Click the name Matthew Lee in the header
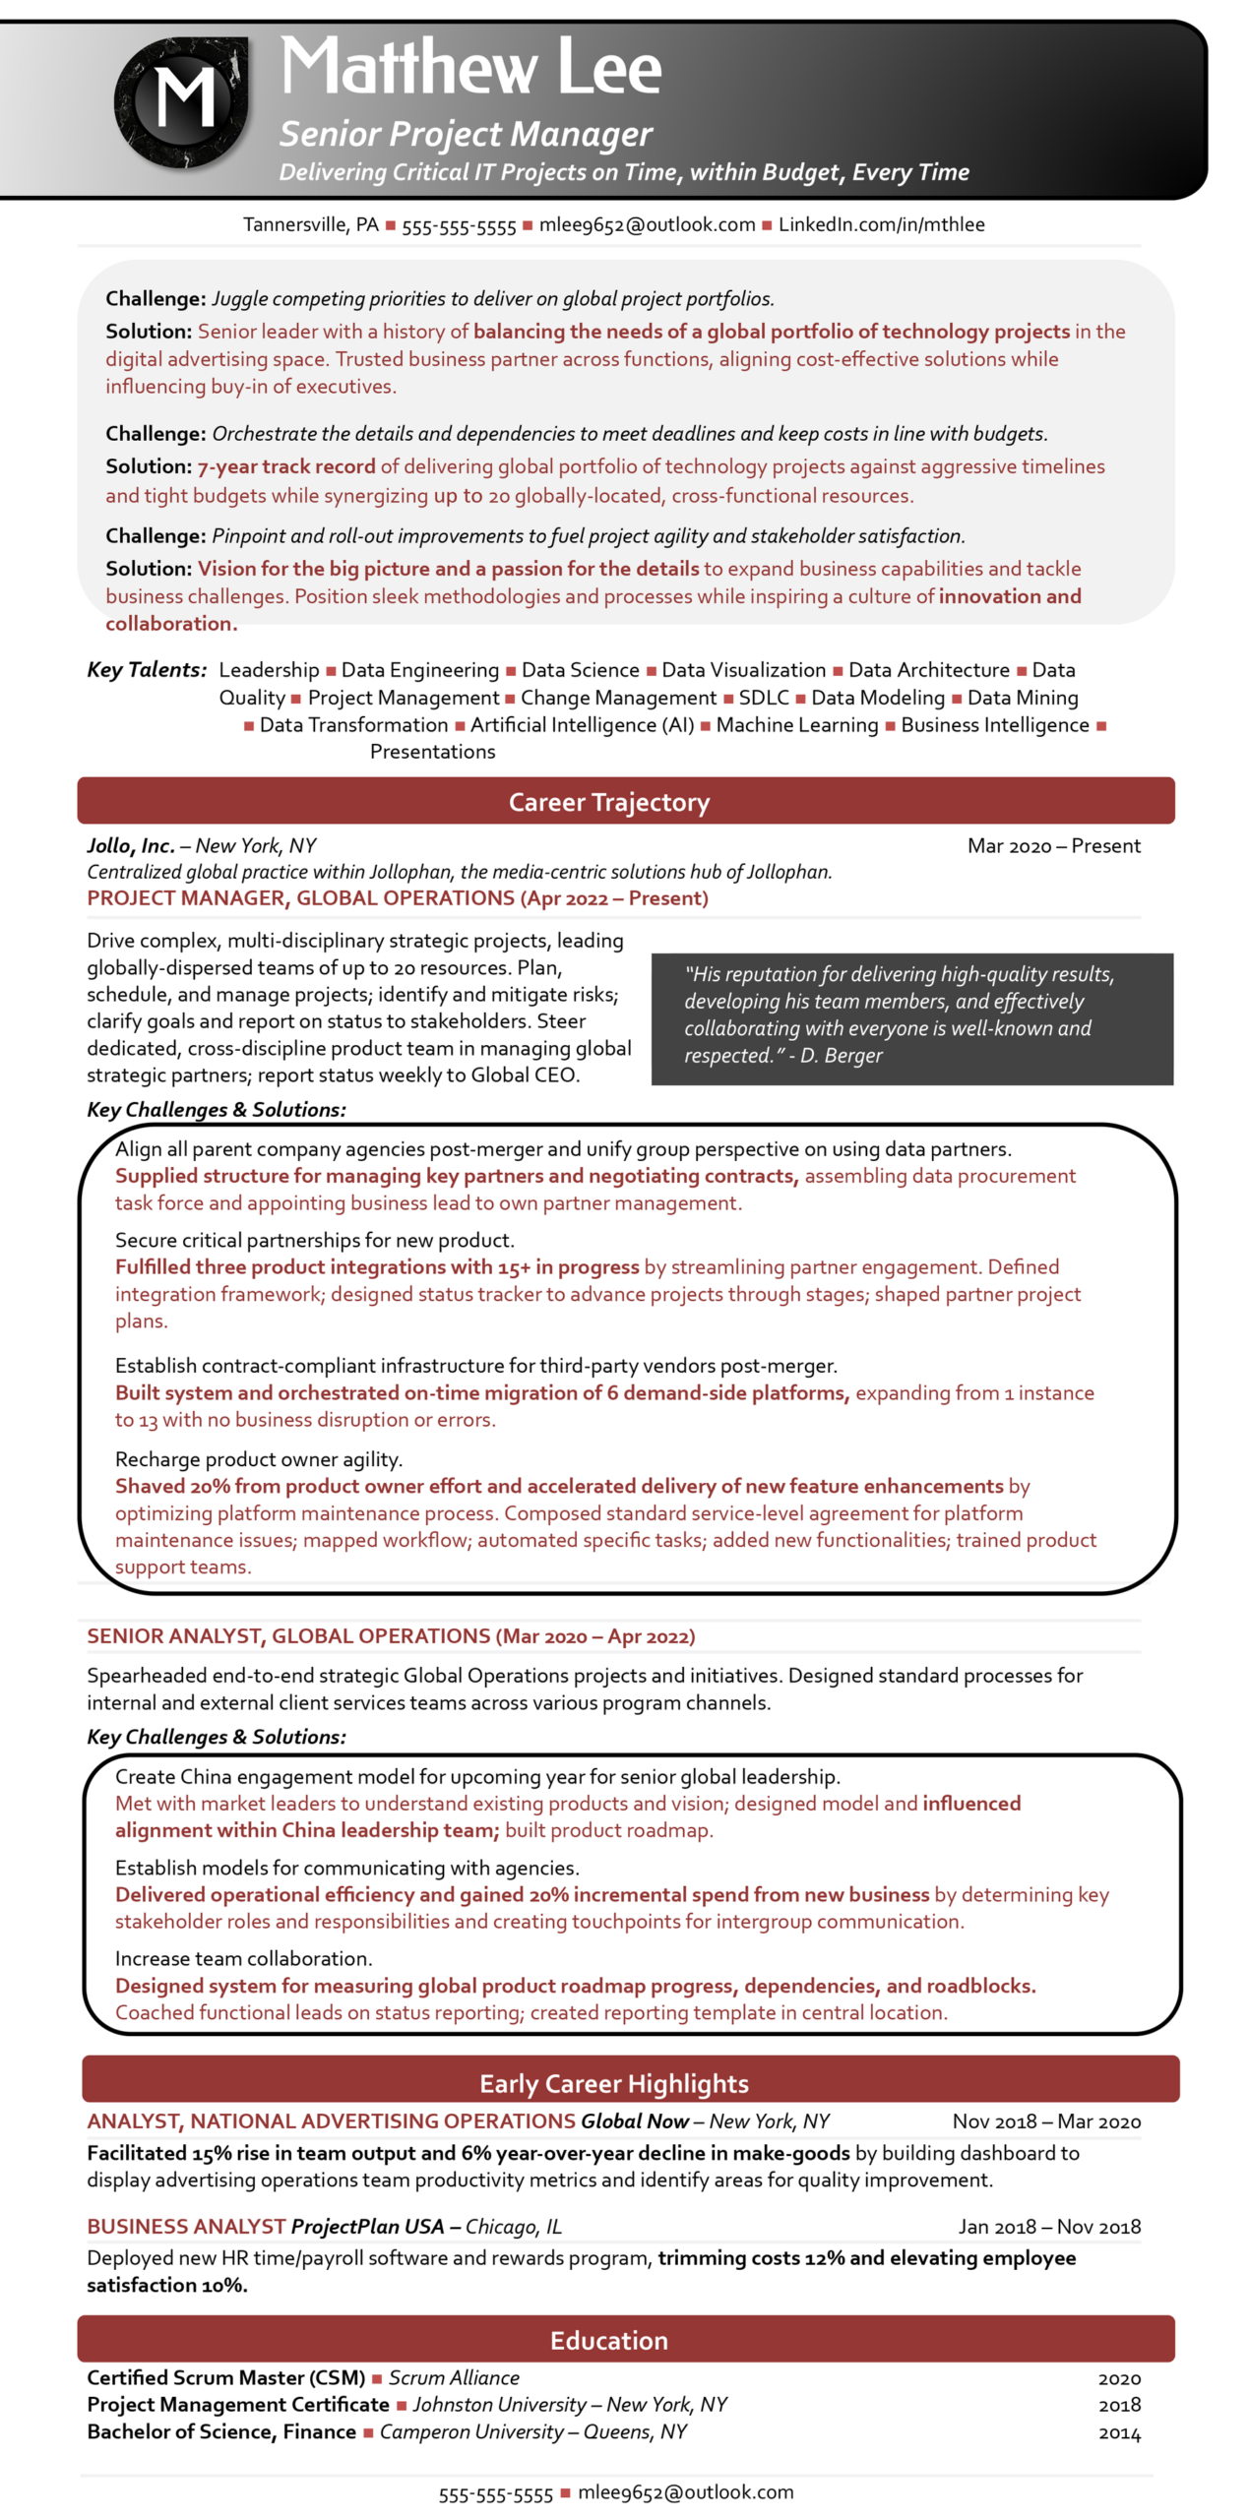point(469,67)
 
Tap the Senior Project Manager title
point(465,133)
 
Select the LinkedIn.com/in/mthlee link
point(880,223)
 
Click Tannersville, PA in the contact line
point(310,223)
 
